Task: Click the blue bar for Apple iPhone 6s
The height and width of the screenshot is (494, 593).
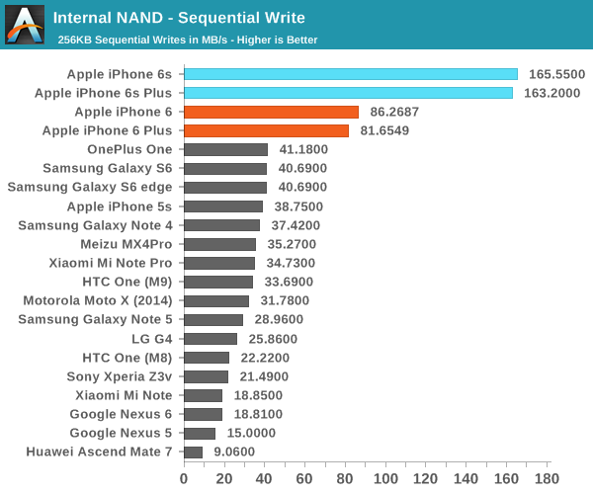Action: click(x=351, y=74)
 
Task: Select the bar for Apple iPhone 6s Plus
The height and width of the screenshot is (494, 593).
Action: click(x=348, y=93)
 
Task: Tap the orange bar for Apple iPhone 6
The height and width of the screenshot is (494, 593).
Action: click(x=271, y=112)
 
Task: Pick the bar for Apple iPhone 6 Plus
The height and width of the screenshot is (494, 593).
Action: click(x=266, y=130)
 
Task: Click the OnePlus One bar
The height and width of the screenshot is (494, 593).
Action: click(x=225, y=149)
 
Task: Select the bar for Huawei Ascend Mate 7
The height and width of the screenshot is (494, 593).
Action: click(x=193, y=452)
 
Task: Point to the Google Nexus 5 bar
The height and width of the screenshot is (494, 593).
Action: click(x=199, y=433)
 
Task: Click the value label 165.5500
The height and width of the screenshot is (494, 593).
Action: click(x=557, y=74)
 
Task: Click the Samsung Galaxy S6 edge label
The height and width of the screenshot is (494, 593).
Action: click(x=90, y=188)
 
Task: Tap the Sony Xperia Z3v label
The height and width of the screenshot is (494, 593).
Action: click(x=119, y=376)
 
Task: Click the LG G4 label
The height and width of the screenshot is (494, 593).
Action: click(x=152, y=339)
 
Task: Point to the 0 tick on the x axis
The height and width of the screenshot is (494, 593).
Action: click(x=184, y=478)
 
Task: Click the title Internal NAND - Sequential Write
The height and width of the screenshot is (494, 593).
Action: click(x=179, y=18)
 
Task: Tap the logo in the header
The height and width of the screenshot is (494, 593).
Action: click(x=24, y=25)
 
